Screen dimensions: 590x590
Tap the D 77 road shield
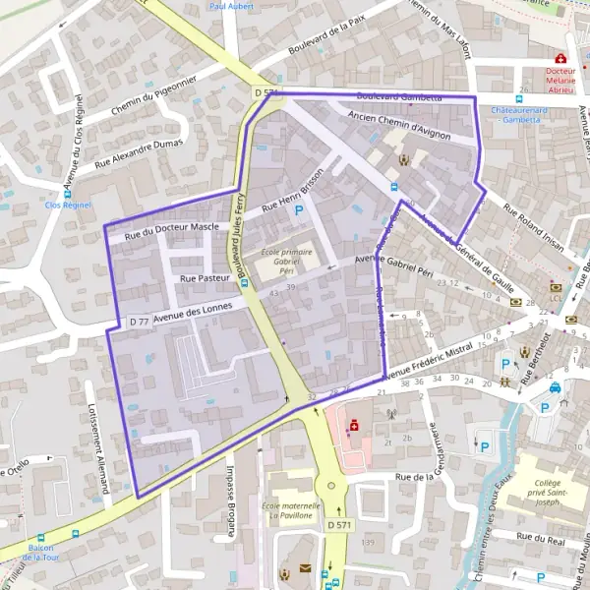(139, 322)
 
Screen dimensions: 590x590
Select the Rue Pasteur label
(205, 279)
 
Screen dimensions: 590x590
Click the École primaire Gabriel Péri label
(285, 259)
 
